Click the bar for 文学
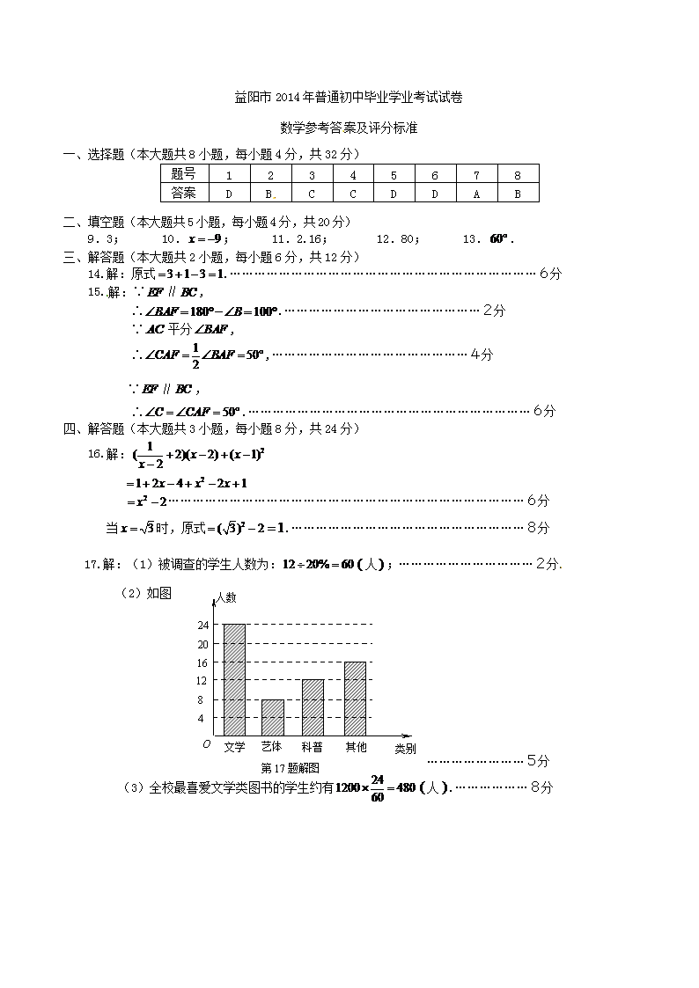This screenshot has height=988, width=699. coord(234,679)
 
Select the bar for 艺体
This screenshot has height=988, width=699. coord(273,717)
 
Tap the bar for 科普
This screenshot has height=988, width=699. coord(313,707)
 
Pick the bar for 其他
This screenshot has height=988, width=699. coord(355,698)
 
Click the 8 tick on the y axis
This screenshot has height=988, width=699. coord(201,700)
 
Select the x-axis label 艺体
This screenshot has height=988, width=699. coord(272,747)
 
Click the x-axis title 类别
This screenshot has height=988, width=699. coord(405,749)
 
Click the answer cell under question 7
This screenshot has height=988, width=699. coord(476,194)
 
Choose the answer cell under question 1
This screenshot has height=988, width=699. coord(228,194)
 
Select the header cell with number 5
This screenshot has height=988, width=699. coord(394,174)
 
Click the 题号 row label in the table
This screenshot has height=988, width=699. coord(183,174)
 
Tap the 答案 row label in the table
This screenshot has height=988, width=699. coord(183,194)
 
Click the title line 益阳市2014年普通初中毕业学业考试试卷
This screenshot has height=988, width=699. coord(349,98)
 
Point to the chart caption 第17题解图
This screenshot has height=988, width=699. coord(290,768)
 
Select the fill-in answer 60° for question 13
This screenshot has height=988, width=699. coord(500,238)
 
